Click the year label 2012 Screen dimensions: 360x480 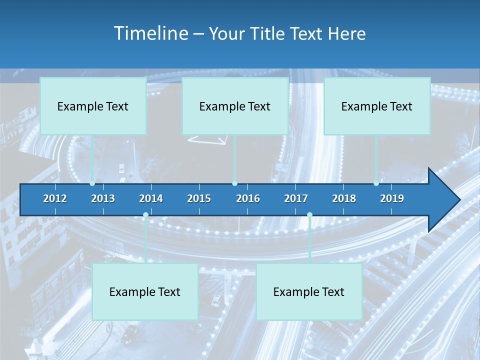click(x=55, y=198)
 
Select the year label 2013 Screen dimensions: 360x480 click(x=103, y=198)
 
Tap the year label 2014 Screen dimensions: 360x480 click(x=151, y=198)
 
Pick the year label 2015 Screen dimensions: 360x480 click(x=199, y=198)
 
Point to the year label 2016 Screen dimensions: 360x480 click(x=248, y=198)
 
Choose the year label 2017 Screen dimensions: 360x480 click(x=296, y=198)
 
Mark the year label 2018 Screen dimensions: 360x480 click(x=344, y=198)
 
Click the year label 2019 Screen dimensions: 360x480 click(x=392, y=198)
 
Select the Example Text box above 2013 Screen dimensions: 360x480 click(x=93, y=106)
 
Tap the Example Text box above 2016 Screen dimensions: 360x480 click(x=235, y=106)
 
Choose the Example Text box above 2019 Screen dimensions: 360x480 click(x=377, y=106)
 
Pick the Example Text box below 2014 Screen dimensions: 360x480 click(x=145, y=291)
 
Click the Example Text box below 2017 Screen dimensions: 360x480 click(x=309, y=291)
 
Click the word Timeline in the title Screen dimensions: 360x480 click(x=151, y=33)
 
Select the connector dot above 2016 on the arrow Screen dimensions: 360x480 click(x=235, y=183)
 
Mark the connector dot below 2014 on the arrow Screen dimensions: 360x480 click(x=145, y=215)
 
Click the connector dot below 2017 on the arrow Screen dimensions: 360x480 click(x=309, y=215)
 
